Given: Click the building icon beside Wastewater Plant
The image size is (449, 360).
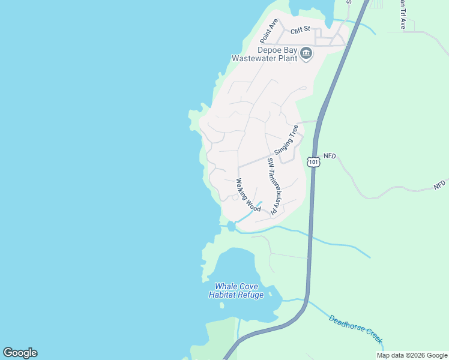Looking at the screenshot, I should pos(306,54).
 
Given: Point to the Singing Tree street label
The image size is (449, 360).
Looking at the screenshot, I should pos(286,140).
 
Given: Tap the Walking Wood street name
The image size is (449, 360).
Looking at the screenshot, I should pos(248,195).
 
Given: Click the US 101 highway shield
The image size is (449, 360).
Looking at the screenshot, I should pos(313,161).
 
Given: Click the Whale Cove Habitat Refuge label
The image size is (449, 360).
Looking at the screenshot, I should pos(236,290).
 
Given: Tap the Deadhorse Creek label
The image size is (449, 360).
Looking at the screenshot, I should pos(356,328).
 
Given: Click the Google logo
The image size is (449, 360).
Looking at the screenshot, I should pos(20,353).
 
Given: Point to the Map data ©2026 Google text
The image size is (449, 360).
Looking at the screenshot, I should pos(412,355).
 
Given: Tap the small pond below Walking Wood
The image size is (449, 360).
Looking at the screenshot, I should pos(232,226).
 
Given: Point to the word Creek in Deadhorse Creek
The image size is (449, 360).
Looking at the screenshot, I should pos(372,336).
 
